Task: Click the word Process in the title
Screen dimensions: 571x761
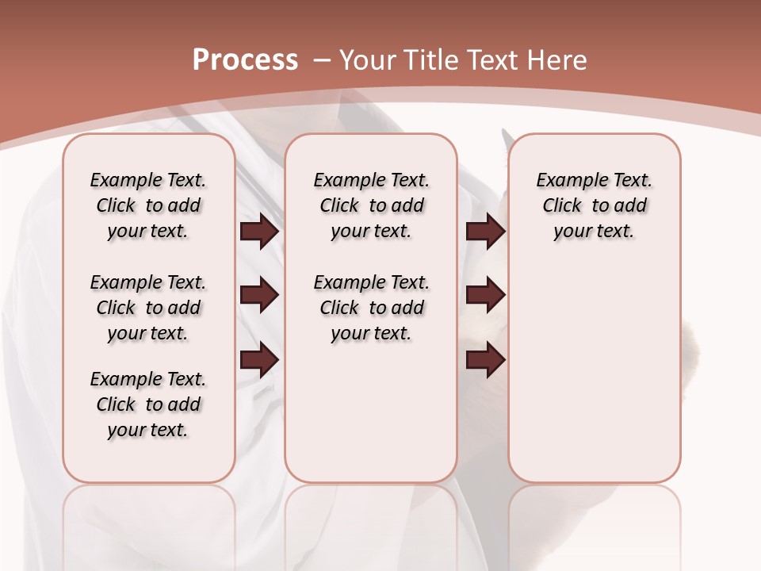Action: pos(245,59)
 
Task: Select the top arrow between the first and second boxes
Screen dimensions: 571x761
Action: pos(259,232)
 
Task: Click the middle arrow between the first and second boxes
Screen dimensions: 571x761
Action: pos(259,295)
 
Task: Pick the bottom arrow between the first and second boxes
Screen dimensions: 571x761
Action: pos(259,360)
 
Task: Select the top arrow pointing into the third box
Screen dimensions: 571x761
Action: pos(485,232)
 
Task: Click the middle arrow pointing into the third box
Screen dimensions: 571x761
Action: pos(485,295)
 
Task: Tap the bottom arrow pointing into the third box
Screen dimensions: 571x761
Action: pos(485,360)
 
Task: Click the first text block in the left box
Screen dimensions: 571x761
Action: pos(148,205)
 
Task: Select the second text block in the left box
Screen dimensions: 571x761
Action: pos(148,308)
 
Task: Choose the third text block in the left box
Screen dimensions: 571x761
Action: pos(148,404)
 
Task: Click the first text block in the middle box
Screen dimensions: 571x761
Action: pos(371,205)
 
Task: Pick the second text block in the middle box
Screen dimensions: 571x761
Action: pos(371,308)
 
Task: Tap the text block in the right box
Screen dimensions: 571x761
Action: pos(594,205)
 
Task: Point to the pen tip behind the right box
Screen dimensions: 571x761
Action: pos(506,140)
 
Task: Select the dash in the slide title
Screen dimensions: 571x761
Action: pos(321,59)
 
